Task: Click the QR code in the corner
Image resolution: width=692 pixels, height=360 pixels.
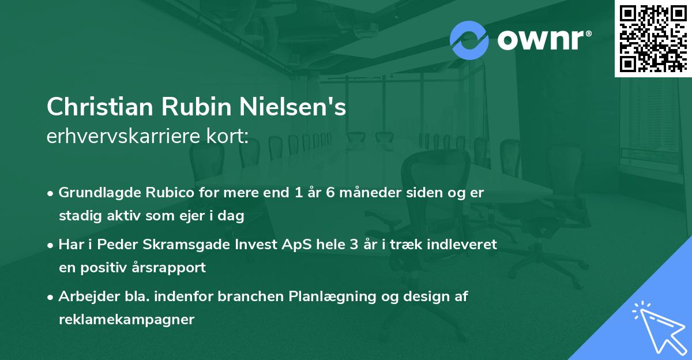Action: [x=653, y=39]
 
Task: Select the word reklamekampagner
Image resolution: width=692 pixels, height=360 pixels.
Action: [x=126, y=320]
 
